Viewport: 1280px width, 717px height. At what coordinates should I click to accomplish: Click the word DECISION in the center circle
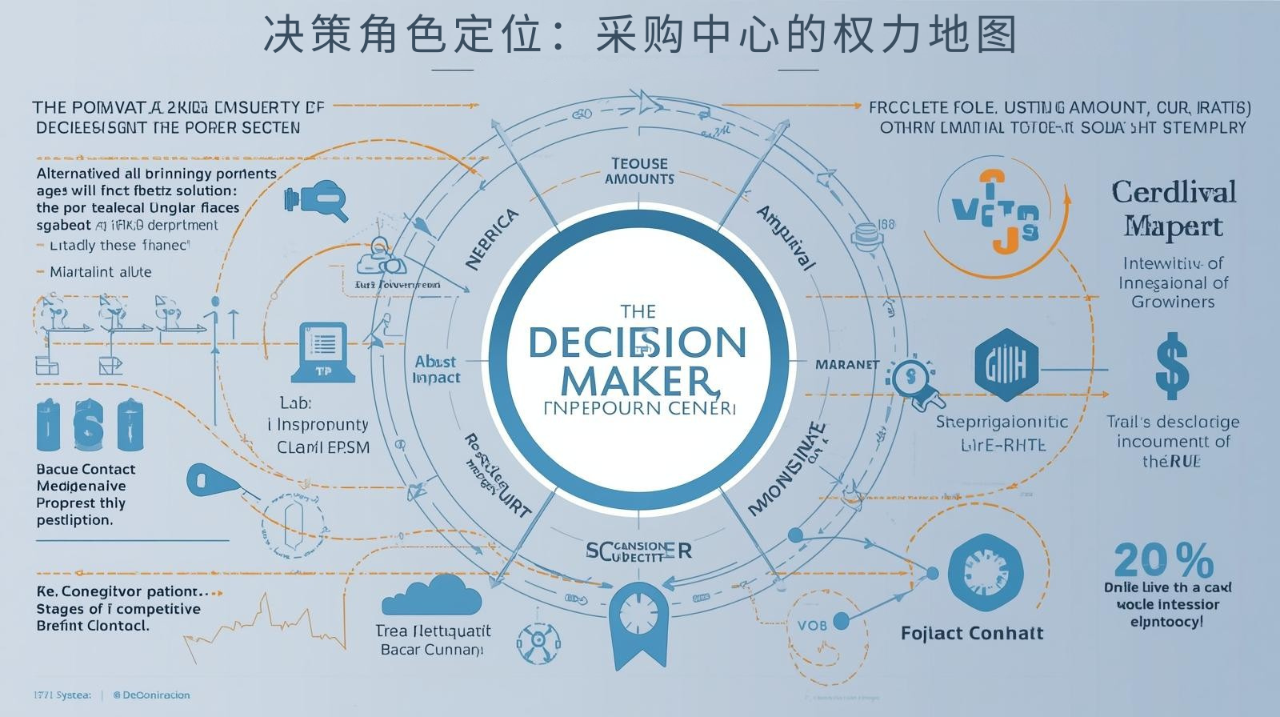637,342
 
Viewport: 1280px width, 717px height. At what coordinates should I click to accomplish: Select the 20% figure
1163,560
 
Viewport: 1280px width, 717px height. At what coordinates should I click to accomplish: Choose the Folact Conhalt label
972,633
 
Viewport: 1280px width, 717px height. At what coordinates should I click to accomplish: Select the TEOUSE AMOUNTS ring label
639,171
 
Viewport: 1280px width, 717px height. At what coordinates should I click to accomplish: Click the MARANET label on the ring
846,364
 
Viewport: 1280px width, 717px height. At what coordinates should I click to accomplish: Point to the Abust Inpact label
436,369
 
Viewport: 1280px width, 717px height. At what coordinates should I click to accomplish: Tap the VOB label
812,624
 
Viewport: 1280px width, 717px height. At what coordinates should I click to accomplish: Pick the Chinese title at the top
640,35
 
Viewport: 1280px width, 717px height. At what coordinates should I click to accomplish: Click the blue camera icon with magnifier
316,199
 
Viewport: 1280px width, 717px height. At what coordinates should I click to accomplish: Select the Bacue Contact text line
86,469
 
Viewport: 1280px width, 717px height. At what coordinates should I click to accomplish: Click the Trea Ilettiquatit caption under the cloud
433,631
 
